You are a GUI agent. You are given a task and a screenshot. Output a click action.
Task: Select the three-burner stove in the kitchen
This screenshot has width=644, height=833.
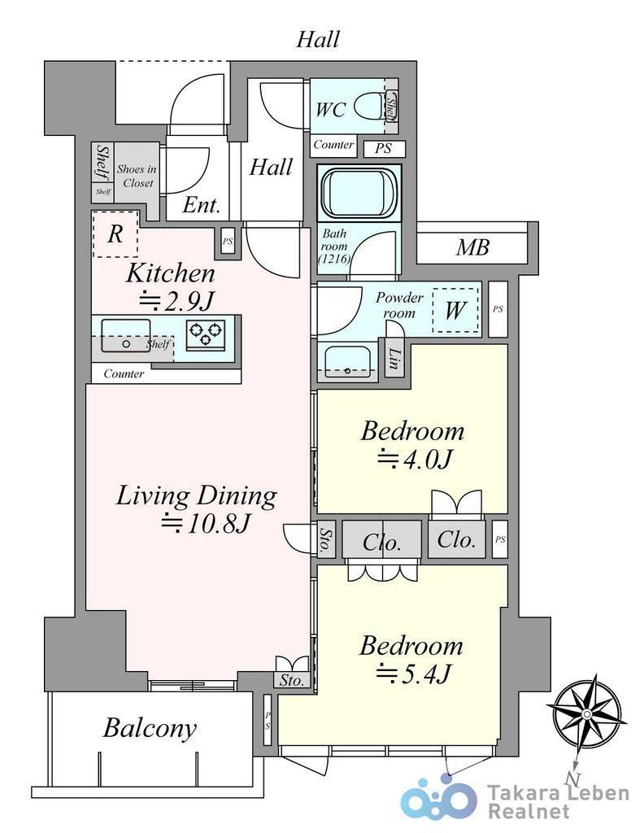[x=206, y=334]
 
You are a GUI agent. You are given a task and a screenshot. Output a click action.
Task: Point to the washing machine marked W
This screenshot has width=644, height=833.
[x=455, y=310]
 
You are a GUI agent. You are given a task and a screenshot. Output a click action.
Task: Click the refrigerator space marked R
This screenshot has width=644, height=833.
[x=115, y=233]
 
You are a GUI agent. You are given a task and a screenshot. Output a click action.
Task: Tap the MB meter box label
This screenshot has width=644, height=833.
[x=472, y=247]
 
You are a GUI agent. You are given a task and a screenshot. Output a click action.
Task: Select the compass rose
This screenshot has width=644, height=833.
[x=586, y=713]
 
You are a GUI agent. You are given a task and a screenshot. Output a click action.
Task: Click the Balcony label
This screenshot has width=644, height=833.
[x=149, y=728]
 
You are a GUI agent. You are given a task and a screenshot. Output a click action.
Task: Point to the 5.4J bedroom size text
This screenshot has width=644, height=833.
[x=414, y=674]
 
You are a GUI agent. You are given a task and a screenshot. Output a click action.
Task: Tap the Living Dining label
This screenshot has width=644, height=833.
[x=196, y=495]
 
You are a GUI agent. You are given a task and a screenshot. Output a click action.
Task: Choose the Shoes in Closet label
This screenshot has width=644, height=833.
[x=137, y=176]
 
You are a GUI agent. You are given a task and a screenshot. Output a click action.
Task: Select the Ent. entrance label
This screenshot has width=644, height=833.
[x=201, y=205]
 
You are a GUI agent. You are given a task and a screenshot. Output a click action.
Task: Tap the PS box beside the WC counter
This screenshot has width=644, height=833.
[x=385, y=149]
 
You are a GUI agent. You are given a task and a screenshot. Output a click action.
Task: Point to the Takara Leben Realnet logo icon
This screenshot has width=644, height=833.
[x=438, y=800]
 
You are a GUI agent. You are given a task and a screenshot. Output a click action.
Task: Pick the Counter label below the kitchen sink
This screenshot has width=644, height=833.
[x=124, y=373]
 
